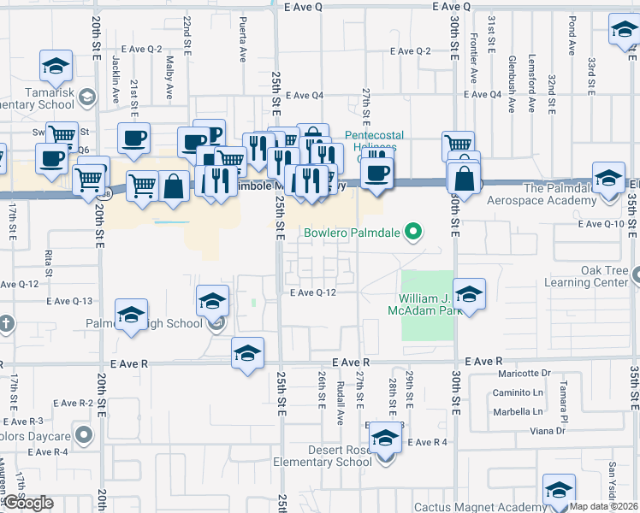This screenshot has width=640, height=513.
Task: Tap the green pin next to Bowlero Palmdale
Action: coord(414,231)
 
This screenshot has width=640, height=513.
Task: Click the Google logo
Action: coord(27,504)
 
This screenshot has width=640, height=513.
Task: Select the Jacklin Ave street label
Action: coord(116,74)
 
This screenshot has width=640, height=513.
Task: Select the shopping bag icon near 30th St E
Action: coord(465,179)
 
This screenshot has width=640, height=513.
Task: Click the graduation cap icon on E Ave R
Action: coord(248,352)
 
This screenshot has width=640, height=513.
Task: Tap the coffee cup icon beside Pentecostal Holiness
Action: coord(376,173)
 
